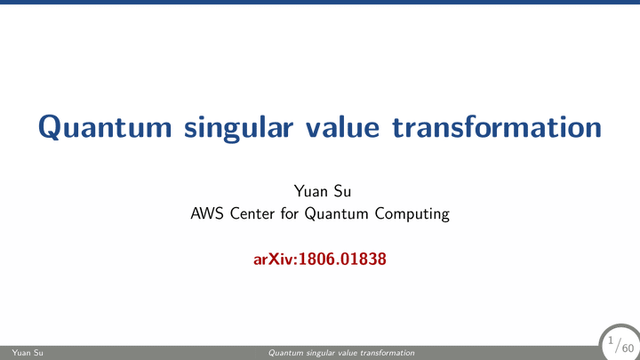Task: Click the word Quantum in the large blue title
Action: (105, 127)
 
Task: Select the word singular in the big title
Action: (238, 129)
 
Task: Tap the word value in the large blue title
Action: (343, 127)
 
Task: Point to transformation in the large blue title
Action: (497, 127)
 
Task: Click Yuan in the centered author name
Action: (310, 191)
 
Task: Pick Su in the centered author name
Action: (342, 191)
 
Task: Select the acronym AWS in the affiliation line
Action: (207, 213)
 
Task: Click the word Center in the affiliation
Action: (252, 213)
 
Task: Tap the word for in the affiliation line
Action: (290, 213)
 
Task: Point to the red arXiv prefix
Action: (276, 260)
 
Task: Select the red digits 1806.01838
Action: (342, 260)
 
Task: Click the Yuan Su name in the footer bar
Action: (28, 353)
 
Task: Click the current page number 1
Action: (611, 340)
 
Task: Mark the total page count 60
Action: (628, 348)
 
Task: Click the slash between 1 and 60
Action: (618, 345)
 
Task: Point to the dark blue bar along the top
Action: (320, 2)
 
